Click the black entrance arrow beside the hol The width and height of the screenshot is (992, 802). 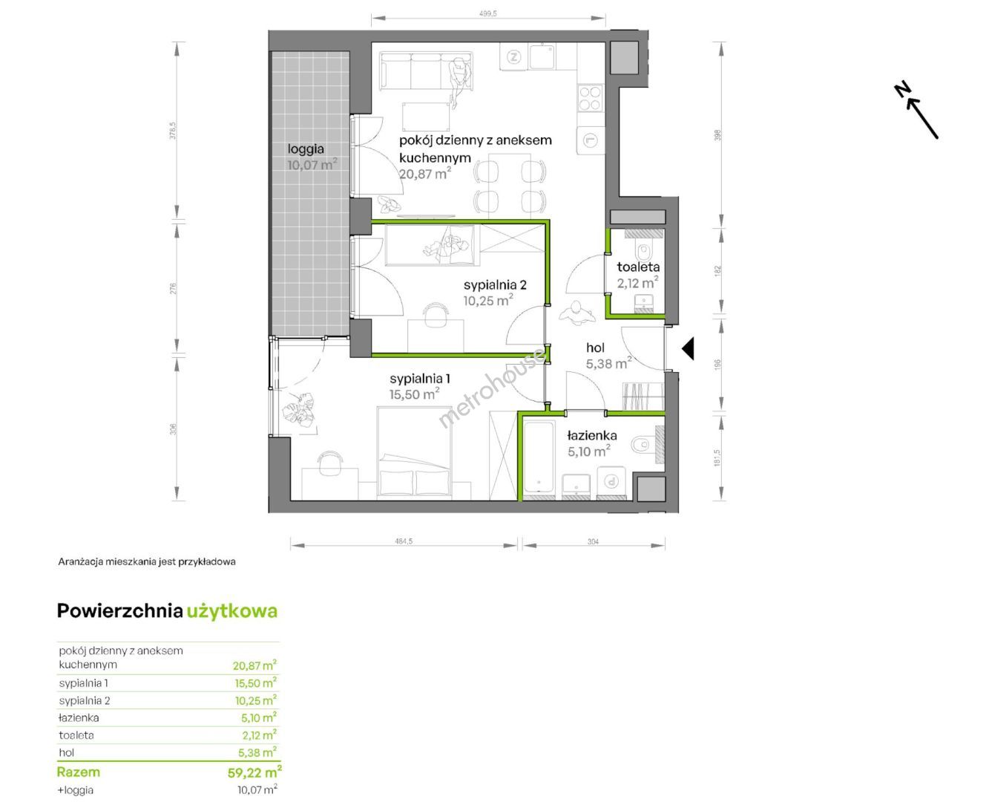click(x=688, y=348)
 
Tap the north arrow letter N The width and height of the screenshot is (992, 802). click(x=902, y=101)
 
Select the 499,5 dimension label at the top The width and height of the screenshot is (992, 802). click(x=488, y=14)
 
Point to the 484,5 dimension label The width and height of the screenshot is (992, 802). click(x=404, y=541)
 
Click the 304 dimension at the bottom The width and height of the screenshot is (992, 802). click(x=593, y=541)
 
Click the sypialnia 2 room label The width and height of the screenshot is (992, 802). click(x=495, y=284)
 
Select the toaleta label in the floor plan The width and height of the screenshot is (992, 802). click(x=638, y=267)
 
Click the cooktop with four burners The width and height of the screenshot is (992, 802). click(x=590, y=98)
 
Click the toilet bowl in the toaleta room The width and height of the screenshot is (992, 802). click(x=644, y=252)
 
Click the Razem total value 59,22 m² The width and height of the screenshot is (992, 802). click(x=254, y=772)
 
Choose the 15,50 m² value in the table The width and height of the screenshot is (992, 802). click(x=255, y=682)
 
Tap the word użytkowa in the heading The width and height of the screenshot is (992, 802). click(x=232, y=611)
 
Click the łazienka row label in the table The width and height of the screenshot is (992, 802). click(x=79, y=717)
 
